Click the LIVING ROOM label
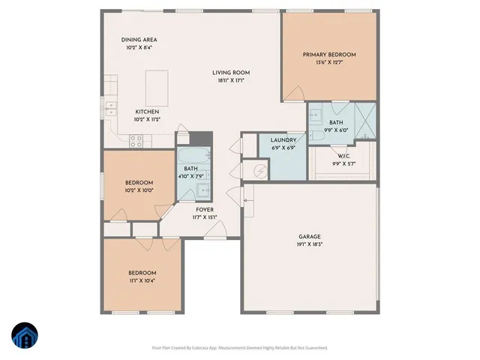231,73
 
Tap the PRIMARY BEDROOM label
329,55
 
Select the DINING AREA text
139,40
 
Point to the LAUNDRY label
284,139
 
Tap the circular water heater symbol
260,171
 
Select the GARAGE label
310,237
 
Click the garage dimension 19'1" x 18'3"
310,244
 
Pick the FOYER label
205,210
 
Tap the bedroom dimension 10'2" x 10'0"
139,190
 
